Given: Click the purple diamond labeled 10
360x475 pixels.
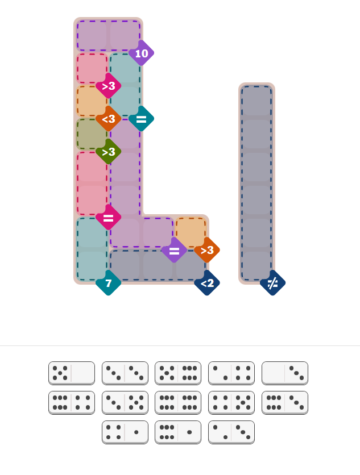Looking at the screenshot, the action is [x=142, y=53].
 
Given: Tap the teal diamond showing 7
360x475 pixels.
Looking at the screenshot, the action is [x=108, y=283].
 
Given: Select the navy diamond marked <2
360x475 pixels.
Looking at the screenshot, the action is [x=207, y=283].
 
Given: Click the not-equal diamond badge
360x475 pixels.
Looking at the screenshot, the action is [x=272, y=283].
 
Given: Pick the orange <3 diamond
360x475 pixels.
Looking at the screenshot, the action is [x=108, y=119].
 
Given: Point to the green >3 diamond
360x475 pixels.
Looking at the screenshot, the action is [x=108, y=152].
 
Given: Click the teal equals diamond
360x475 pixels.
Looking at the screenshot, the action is [x=142, y=119].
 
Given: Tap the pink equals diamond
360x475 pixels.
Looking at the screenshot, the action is [x=108, y=217].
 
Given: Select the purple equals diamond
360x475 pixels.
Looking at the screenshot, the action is [x=174, y=250].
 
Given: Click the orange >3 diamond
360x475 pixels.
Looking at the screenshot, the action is [x=207, y=250].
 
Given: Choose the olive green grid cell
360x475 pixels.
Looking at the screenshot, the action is [x=92, y=134].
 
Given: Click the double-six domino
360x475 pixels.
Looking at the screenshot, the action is [x=178, y=403].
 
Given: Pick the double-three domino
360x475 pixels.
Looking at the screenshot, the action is [x=125, y=373].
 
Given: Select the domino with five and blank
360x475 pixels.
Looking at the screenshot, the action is [x=72, y=373].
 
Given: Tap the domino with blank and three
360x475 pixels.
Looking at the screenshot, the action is [x=285, y=373].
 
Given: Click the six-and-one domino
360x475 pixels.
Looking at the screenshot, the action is [x=178, y=432].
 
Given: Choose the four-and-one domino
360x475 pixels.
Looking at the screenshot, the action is [x=125, y=432].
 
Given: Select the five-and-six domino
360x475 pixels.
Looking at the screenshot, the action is [x=178, y=373].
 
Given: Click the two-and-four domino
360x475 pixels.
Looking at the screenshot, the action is [x=231, y=373].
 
